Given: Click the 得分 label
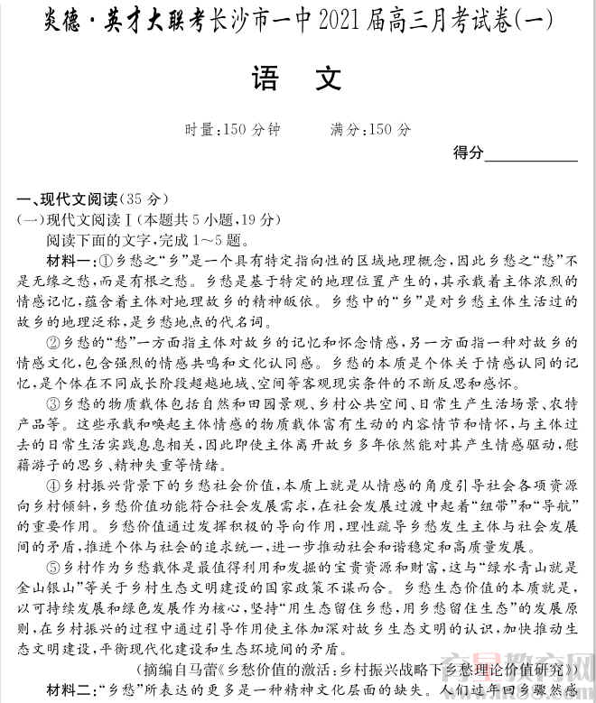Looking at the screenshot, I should click(x=469, y=153).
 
